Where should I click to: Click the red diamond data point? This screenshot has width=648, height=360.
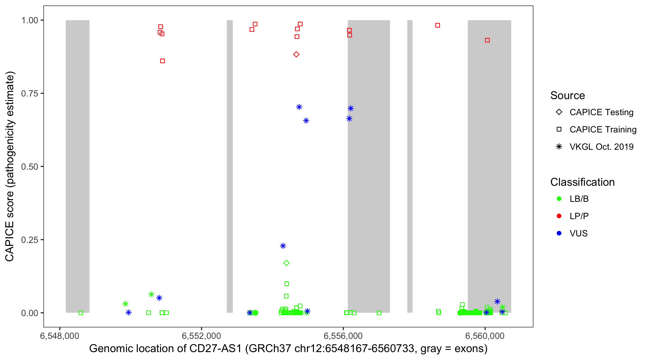click(x=296, y=54)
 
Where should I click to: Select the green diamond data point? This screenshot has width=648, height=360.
click(x=286, y=263)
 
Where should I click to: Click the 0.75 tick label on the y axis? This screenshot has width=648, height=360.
click(x=30, y=94)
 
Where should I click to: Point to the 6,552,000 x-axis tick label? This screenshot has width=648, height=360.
click(x=201, y=336)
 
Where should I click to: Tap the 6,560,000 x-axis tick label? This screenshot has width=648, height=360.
click(x=485, y=336)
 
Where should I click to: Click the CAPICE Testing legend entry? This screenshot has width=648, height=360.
click(x=601, y=112)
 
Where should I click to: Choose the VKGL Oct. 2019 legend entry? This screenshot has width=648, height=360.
click(x=601, y=147)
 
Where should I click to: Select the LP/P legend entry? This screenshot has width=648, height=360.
click(x=579, y=216)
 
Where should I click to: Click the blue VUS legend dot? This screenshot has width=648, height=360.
click(x=559, y=233)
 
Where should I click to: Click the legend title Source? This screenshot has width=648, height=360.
click(x=568, y=96)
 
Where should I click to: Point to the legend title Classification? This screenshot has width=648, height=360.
click(x=582, y=182)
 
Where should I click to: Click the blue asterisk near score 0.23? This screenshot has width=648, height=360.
click(x=283, y=246)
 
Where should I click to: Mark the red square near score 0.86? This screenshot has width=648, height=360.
click(x=162, y=61)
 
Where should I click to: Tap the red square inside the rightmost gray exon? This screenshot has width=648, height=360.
click(x=487, y=40)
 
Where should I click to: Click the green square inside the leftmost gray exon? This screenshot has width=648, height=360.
click(x=81, y=313)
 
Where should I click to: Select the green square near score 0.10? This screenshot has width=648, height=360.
click(x=287, y=283)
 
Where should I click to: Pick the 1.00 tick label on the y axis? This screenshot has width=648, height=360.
click(x=30, y=20)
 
